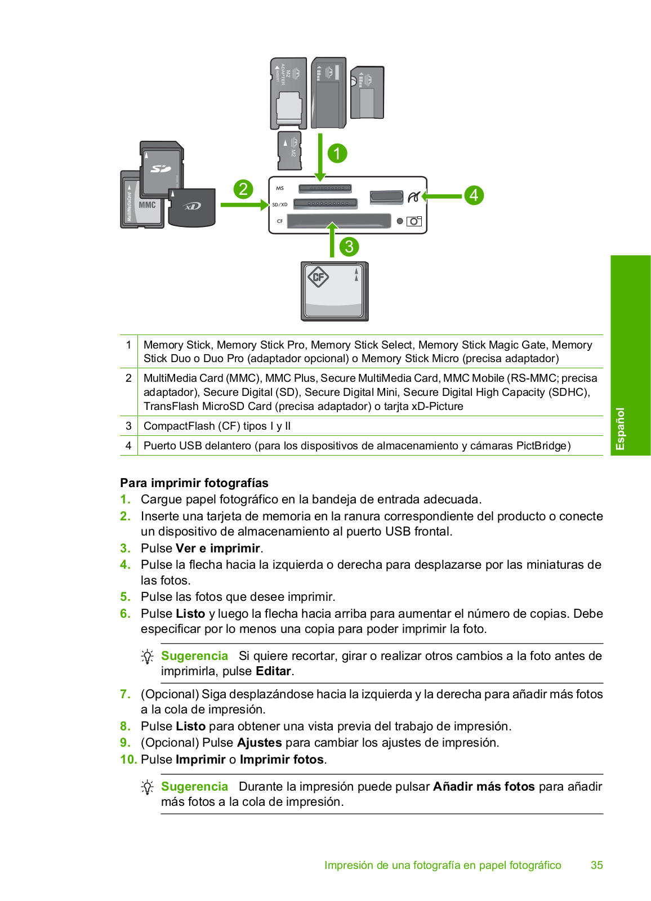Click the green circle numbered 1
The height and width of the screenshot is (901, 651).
pyautogui.click(x=337, y=153)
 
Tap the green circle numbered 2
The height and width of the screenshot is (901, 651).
pyautogui.click(x=243, y=189)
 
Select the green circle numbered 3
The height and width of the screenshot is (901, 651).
pyautogui.click(x=349, y=247)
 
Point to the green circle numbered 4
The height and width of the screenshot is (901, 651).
pyautogui.click(x=474, y=195)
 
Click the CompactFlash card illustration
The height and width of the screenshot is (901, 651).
pyautogui.click(x=335, y=291)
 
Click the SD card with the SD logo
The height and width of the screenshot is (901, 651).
pyautogui.click(x=162, y=168)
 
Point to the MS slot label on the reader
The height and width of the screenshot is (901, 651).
pyautogui.click(x=280, y=189)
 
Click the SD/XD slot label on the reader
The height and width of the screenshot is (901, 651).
pyautogui.click(x=280, y=204)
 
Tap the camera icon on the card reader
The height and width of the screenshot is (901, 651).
pyautogui.click(x=414, y=221)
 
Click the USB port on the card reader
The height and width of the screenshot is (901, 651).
pyautogui.click(x=386, y=197)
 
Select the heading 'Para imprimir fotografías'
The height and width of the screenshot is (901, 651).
pyautogui.click(x=194, y=483)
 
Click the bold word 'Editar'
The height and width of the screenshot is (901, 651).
pyautogui.click(x=273, y=671)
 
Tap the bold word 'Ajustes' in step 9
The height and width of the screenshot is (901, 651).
pyautogui.click(x=259, y=743)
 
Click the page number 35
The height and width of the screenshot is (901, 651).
pyautogui.click(x=597, y=866)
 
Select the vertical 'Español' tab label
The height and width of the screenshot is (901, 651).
pyautogui.click(x=620, y=429)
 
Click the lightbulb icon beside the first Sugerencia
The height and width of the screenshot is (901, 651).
pyautogui.click(x=147, y=657)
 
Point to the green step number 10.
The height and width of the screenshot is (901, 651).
pyautogui.click(x=128, y=760)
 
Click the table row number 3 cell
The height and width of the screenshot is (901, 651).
pyautogui.click(x=128, y=426)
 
